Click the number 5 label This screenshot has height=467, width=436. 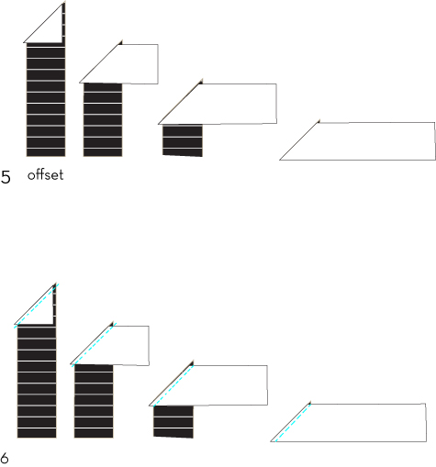[x=6, y=177]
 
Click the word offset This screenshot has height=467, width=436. [x=46, y=175]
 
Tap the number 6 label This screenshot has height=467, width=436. [x=5, y=458]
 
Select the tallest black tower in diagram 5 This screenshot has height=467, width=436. [x=46, y=99]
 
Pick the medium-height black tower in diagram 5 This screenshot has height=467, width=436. [x=103, y=119]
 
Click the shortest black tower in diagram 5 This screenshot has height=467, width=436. [x=183, y=140]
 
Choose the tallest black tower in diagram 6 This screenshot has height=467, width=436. [x=37, y=381]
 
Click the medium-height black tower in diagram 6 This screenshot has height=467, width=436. [x=94, y=401]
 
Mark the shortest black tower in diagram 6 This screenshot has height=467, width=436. [x=173, y=422]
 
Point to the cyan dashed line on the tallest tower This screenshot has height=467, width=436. [x=36, y=306]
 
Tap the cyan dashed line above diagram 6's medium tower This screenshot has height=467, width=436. [x=95, y=344]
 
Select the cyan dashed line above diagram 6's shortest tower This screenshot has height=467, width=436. [x=173, y=385]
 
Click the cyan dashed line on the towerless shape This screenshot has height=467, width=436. [x=293, y=423]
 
